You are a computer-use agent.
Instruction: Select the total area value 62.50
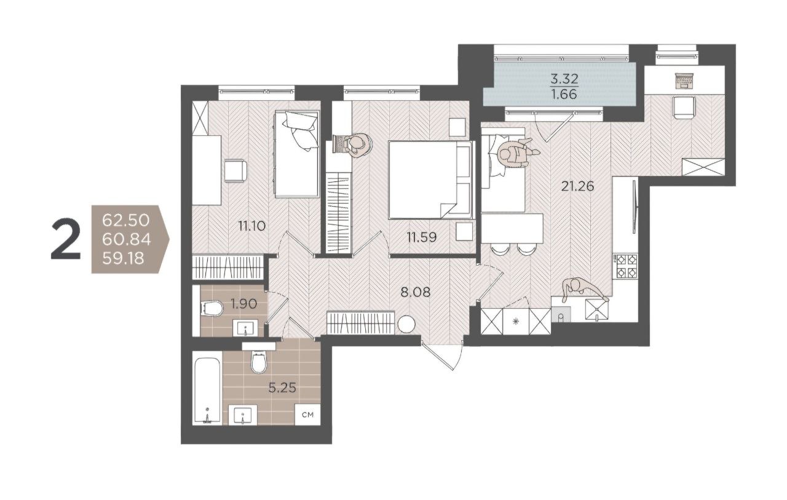click(x=126, y=221)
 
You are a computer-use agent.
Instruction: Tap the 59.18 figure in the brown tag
click(x=124, y=259)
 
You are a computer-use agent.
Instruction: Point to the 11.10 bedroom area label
click(x=251, y=226)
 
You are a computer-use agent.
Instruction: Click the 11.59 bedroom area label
click(x=422, y=237)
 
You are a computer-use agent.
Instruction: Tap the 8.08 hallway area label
click(x=416, y=292)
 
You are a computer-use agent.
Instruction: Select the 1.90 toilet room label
click(x=244, y=304)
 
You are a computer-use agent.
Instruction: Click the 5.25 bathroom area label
click(x=282, y=388)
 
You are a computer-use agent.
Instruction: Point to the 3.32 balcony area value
click(x=564, y=79)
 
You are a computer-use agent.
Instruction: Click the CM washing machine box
click(x=307, y=415)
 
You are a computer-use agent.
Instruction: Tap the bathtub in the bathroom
click(x=207, y=391)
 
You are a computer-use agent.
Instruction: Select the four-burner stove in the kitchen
click(x=625, y=266)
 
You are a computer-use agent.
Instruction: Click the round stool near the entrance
click(x=406, y=324)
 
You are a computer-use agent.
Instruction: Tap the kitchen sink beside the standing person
click(x=596, y=310)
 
